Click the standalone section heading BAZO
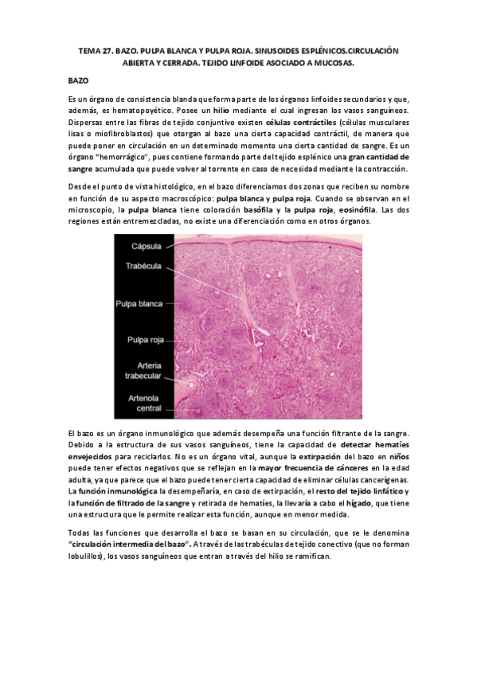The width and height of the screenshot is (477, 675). tap(78, 81)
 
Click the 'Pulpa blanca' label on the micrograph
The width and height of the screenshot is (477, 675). tap(139, 303)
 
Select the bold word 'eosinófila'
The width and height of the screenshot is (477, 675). tap(350, 209)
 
